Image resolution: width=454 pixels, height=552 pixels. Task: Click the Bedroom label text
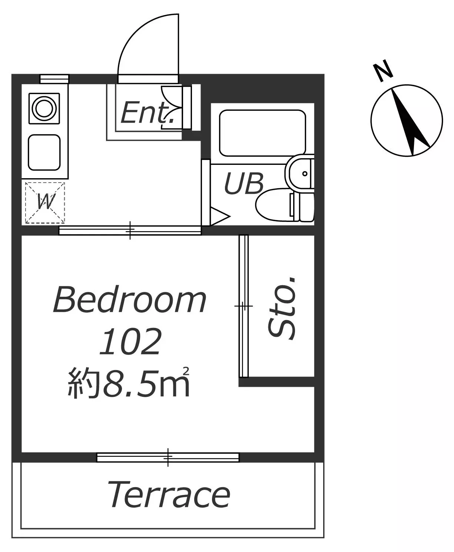pos(130,300)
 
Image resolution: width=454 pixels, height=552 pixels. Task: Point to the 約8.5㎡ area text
pos(129,383)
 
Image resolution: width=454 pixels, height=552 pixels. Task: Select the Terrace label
pos(169,495)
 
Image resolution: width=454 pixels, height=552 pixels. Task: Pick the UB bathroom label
pos(243,183)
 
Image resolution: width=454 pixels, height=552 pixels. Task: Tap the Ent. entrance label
pos(148,113)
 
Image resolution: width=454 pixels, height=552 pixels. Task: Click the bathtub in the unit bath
pos(263,133)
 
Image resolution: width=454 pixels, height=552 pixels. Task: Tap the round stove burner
pos(44,108)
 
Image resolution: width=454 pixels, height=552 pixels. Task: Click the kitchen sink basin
pos(44,153)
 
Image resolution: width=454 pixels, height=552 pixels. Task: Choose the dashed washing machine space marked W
pos(45,203)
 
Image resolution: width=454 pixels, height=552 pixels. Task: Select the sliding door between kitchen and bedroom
pos(130,230)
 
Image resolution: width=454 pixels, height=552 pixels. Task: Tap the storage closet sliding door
pos(244,306)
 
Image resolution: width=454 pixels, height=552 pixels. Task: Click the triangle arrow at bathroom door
pos(220,216)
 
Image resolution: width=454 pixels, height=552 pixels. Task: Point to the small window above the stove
pos(54,79)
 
